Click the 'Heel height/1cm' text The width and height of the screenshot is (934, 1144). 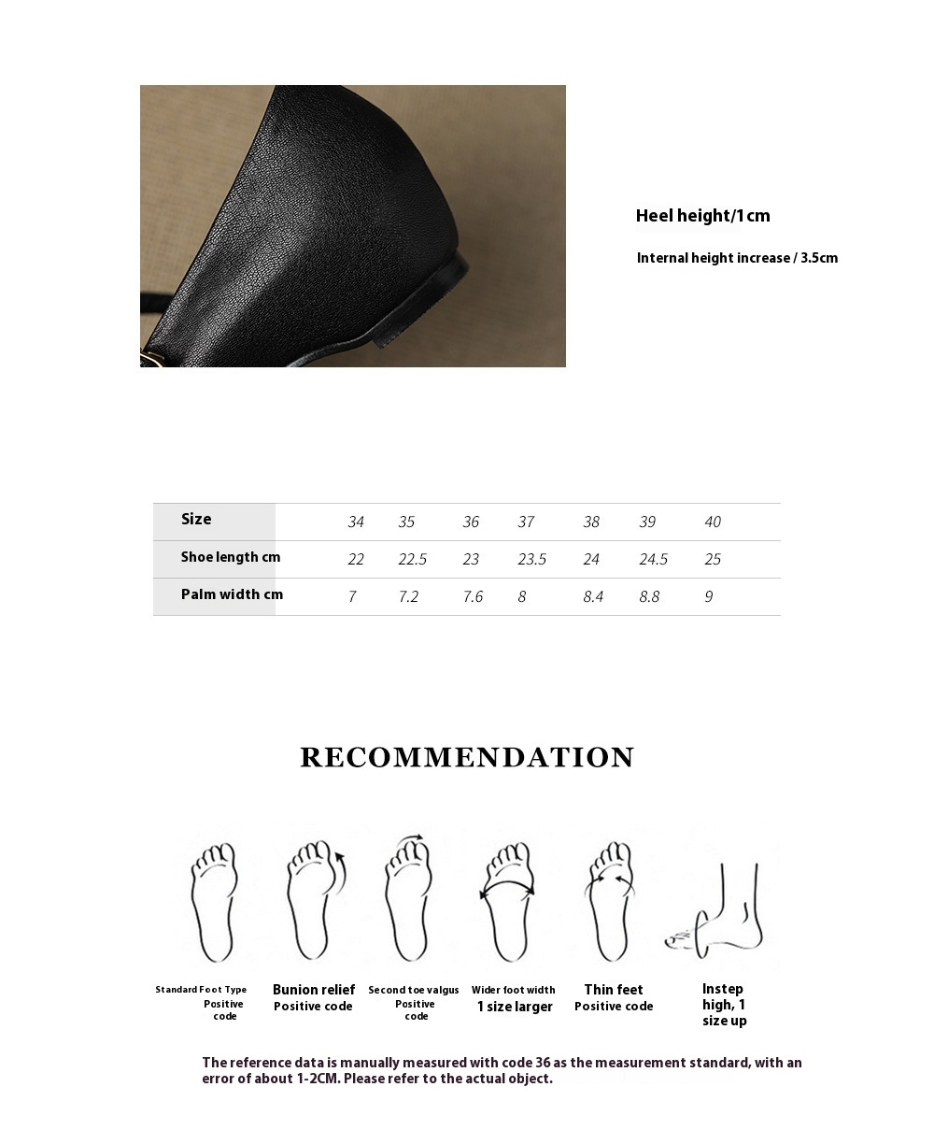tap(702, 216)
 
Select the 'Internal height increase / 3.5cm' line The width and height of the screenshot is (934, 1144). tap(737, 258)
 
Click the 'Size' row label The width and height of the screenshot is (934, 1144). tap(196, 520)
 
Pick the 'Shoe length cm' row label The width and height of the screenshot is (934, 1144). tap(231, 557)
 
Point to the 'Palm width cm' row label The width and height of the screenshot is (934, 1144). tap(232, 594)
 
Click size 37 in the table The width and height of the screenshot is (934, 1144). tap(526, 522)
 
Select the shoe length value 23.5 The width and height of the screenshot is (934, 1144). tap(531, 560)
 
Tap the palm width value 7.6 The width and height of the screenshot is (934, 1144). tap(473, 597)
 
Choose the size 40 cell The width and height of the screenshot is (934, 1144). tap(713, 522)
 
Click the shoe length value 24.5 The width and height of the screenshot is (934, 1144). tap(653, 560)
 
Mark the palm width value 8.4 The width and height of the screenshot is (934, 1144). tap(593, 597)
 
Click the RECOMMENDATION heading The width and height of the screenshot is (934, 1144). tap(467, 757)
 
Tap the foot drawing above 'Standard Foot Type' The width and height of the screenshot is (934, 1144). tap(215, 902)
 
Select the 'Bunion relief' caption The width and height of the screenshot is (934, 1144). tap(314, 990)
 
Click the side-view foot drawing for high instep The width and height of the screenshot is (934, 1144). tap(718, 911)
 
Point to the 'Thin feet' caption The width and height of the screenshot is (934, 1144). tap(614, 990)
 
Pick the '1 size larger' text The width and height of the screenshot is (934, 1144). tap(515, 1007)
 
